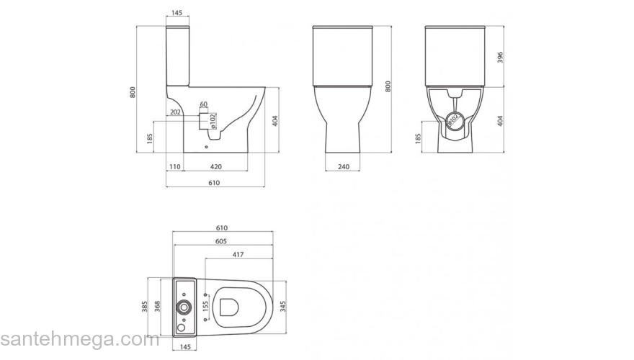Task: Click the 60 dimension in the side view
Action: [x=204, y=104]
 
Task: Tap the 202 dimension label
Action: [x=175, y=112]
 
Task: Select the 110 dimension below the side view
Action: [x=174, y=166]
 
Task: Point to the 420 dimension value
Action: [x=215, y=166]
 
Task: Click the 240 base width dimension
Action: [x=344, y=166]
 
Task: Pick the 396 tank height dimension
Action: [x=499, y=58]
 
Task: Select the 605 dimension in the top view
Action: [x=221, y=242]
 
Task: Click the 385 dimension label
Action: [x=146, y=307]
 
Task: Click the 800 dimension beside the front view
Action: [x=388, y=86]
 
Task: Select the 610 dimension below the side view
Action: [x=215, y=184]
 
